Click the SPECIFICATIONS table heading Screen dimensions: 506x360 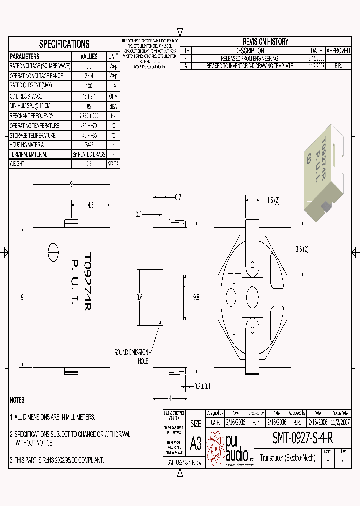point(64,44)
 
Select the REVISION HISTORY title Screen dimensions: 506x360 point(265,42)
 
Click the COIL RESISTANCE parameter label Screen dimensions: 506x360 point(27,96)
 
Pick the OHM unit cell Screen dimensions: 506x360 point(113,96)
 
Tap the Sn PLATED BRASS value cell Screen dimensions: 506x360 point(89,155)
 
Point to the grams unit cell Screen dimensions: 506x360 point(113,163)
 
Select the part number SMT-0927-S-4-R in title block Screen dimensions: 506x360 point(302,438)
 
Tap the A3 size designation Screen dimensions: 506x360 point(195,442)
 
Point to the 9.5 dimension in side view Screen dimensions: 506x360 point(197,297)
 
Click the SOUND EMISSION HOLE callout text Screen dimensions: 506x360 point(132,356)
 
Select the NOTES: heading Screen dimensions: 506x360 point(18,400)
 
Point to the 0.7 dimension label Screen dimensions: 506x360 point(178,197)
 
